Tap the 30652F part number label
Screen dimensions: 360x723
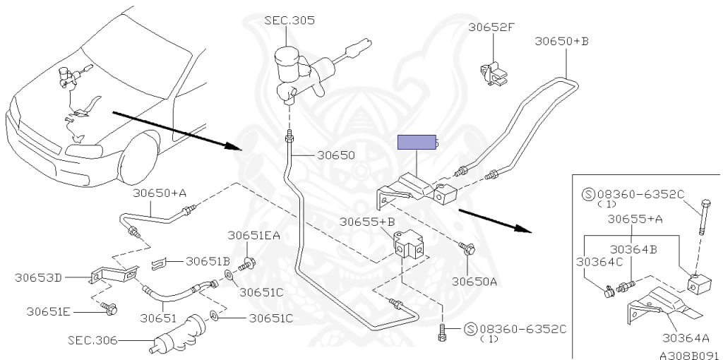tap(491, 28)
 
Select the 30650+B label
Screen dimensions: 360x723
tap(561, 42)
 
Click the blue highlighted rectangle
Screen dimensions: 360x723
tap(416, 143)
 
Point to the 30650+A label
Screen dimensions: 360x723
tap(160, 193)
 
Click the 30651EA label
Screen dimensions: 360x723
tap(253, 235)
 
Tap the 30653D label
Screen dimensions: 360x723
tap(38, 277)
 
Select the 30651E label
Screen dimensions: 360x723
tap(49, 311)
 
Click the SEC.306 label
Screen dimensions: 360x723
tap(92, 340)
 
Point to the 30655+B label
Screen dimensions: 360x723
tap(366, 222)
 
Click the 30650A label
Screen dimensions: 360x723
tap(475, 281)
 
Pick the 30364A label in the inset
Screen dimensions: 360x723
tap(686, 337)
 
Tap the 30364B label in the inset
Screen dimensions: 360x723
tap(634, 248)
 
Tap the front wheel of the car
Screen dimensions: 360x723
tap(142, 160)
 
